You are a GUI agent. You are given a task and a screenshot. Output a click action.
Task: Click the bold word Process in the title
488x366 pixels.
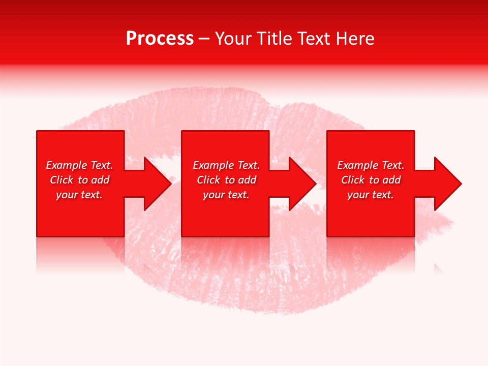[160, 39]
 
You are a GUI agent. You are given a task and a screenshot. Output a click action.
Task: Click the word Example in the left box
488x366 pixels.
[66, 165]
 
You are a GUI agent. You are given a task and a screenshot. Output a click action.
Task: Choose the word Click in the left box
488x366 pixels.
[62, 180]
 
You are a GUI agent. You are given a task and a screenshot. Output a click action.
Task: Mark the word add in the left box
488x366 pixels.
[101, 180]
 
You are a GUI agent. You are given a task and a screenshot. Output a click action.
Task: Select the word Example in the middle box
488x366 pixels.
[213, 165]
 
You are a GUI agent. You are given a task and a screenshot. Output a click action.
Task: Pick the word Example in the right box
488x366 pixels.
[357, 165]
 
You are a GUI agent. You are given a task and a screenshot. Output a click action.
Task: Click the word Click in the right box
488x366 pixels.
[353, 180]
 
